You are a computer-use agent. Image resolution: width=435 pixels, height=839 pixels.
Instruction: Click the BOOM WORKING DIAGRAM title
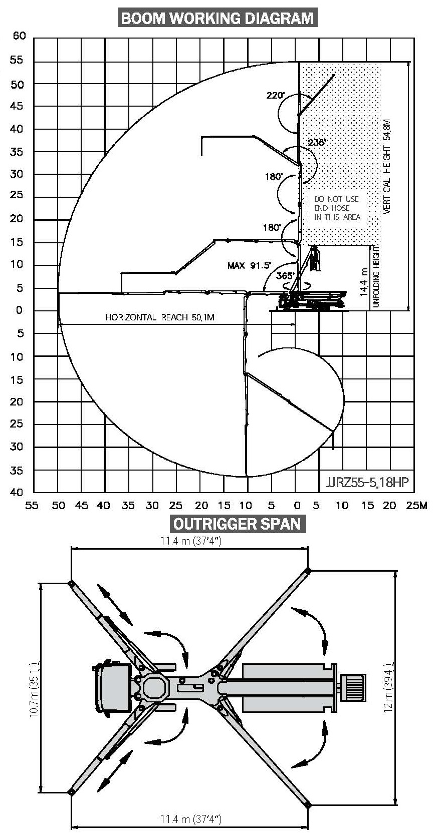[x=217, y=18]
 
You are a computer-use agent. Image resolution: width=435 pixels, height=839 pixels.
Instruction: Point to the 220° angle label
[x=275, y=96]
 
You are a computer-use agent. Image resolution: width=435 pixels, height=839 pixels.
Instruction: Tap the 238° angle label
[x=317, y=142]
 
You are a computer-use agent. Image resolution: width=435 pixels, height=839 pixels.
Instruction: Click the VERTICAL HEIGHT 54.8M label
[x=386, y=167]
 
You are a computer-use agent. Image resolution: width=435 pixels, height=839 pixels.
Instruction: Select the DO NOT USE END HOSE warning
[x=337, y=208]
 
